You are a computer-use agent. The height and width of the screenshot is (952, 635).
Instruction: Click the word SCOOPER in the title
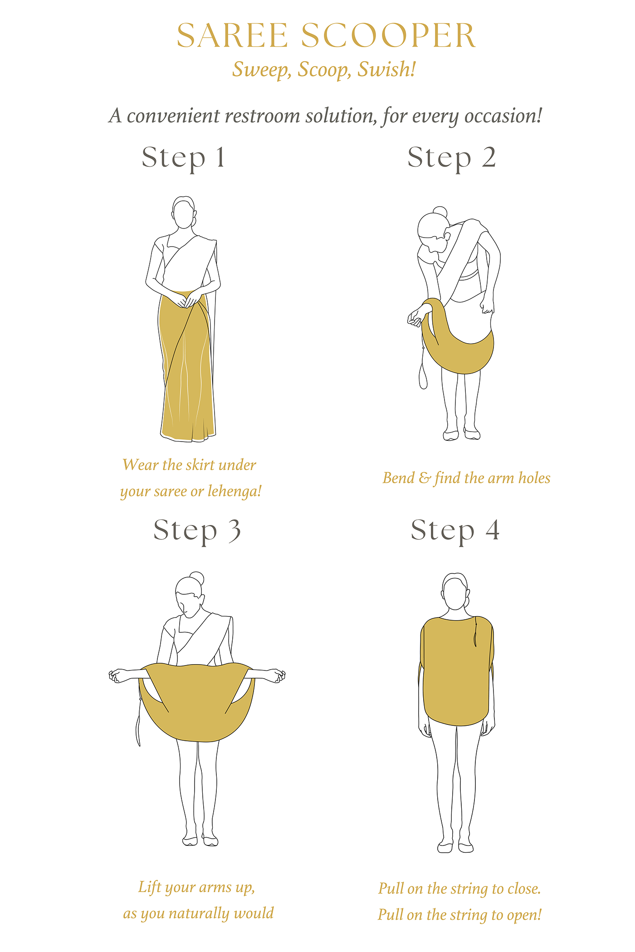coord(388,35)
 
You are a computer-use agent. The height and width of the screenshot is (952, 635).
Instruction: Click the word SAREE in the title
coord(232,35)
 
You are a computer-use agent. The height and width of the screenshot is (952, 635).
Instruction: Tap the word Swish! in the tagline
coord(386,70)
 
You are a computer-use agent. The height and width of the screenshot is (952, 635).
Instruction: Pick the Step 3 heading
coord(196,531)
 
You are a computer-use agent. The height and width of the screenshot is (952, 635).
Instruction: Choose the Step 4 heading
coord(455,531)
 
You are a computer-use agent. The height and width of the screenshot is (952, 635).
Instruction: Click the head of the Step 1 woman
coord(184,213)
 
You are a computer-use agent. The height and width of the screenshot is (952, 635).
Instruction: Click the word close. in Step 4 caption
coord(524,889)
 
